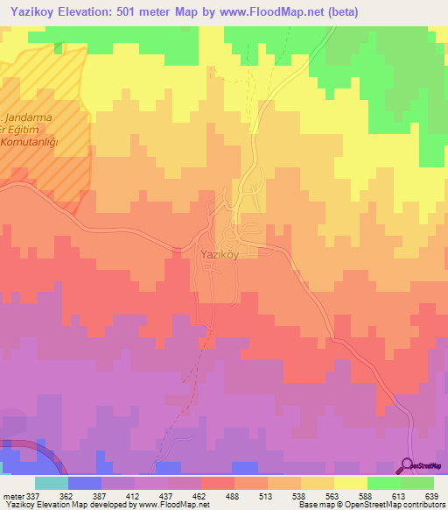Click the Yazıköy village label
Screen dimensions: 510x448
click(x=214, y=255)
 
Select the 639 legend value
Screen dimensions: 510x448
click(x=430, y=495)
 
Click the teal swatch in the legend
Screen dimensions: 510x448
click(x=52, y=483)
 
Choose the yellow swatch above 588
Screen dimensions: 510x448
click(x=350, y=483)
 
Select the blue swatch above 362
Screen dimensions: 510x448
click(x=85, y=483)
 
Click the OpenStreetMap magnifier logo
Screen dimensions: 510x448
click(x=409, y=466)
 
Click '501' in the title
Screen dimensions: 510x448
click(x=141, y=11)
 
